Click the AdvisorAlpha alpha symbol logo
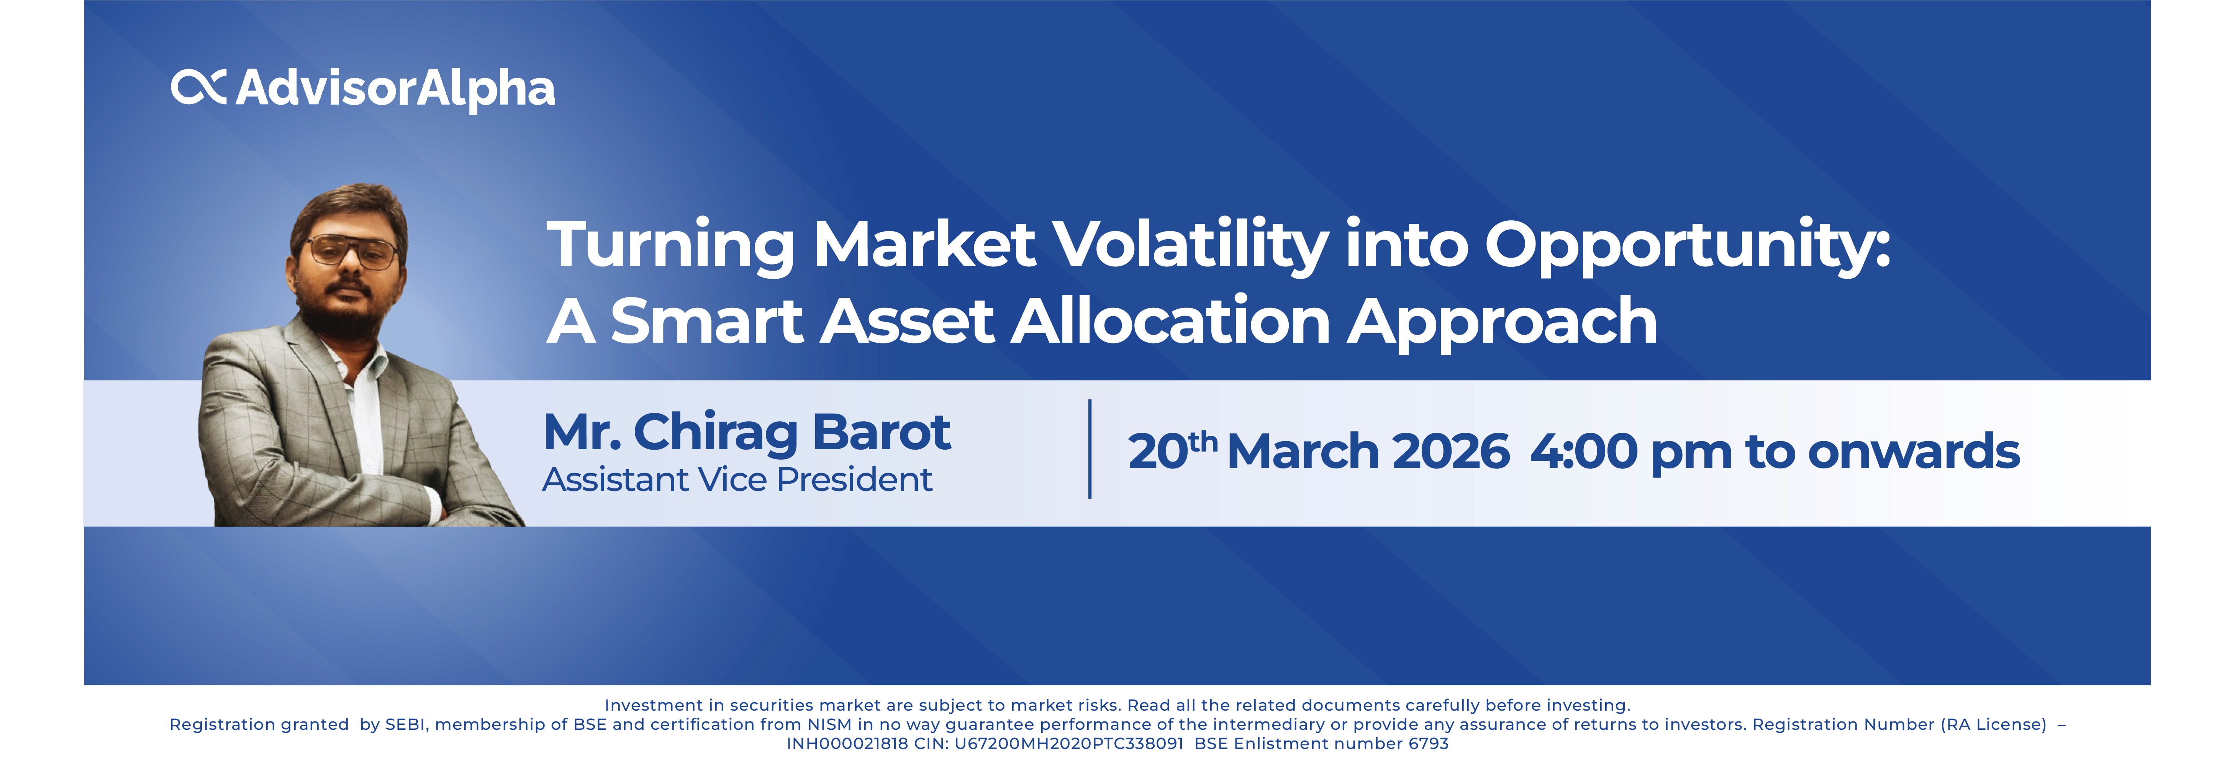199,88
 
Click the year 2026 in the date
1451,451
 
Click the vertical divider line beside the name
1090,448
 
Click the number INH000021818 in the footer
847,744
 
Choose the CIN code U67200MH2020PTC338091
1069,744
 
